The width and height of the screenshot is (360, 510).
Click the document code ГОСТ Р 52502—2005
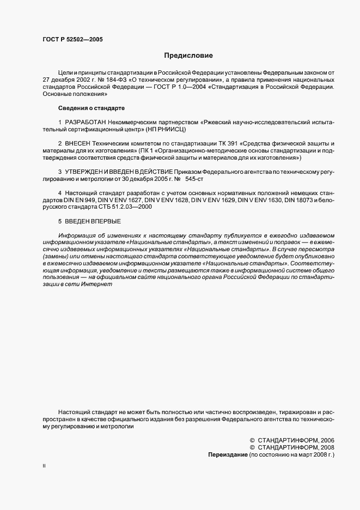[x=72, y=39]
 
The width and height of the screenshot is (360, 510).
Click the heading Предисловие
[x=189, y=56]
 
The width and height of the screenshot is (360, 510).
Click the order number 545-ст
[x=195, y=178]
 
